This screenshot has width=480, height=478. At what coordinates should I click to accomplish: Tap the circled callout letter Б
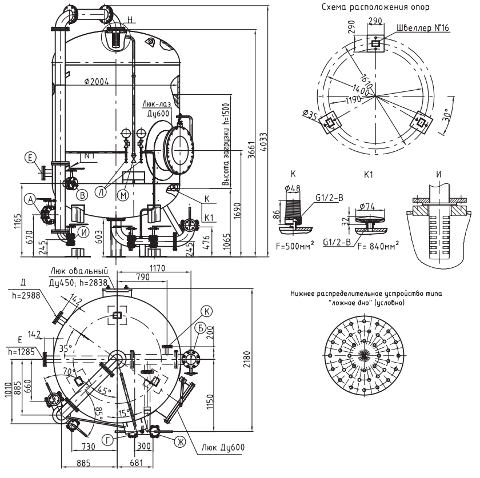[200, 328]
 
